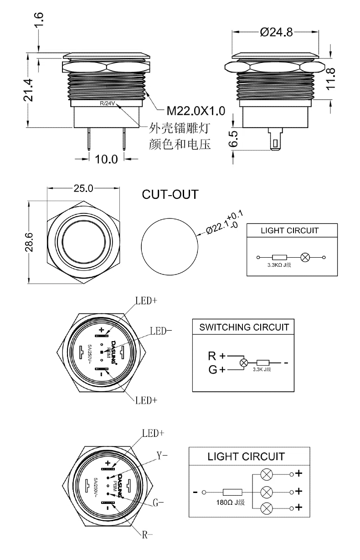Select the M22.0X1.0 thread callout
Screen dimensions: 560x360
195,110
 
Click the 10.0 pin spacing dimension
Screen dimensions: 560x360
106,159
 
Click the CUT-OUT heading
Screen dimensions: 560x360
170,194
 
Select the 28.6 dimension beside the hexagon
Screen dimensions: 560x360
29,241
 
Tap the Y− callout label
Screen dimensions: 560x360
162,455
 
